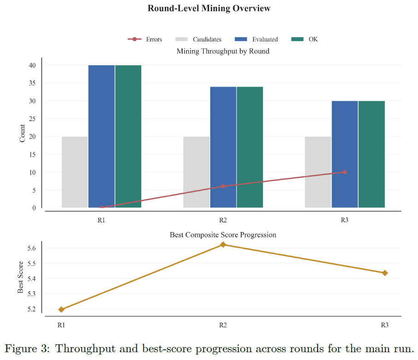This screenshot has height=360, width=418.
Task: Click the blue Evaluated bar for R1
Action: coord(102,136)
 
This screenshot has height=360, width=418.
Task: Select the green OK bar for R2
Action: coord(250,147)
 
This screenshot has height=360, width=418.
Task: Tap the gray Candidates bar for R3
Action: coord(318,172)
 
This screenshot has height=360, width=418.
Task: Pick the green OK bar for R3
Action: coord(372,154)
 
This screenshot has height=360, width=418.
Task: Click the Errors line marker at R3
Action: coord(345,172)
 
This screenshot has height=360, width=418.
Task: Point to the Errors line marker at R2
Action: coord(223,186)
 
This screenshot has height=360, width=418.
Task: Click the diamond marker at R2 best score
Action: coord(223,244)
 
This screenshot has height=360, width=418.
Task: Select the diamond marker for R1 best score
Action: coord(61,309)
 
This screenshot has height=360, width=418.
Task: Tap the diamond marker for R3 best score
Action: coord(385,273)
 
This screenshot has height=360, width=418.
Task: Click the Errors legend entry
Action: coord(145,39)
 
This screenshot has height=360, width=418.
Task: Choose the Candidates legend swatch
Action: coord(181,39)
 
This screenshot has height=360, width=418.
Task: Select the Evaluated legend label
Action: coord(265,39)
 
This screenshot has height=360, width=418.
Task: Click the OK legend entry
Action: coord(305,39)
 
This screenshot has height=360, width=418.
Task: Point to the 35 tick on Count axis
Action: coord(32,83)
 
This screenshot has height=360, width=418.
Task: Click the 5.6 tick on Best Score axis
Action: coord(31,248)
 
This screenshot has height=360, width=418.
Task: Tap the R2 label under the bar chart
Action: coord(223,220)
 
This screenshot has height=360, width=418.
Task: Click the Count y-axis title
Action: coord(22,133)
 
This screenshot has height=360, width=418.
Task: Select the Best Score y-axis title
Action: coord(21,277)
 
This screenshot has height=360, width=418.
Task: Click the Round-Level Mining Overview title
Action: coord(209,8)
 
